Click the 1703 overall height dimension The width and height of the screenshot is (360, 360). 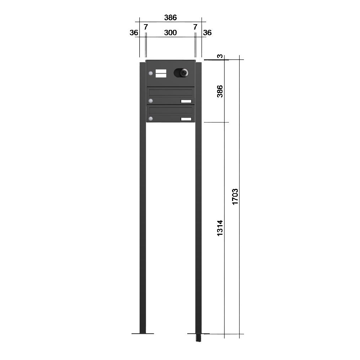(235, 197)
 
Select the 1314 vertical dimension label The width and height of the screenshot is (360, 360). (220, 228)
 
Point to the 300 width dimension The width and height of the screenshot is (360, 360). (170, 33)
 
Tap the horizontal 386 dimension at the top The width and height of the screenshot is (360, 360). (170, 17)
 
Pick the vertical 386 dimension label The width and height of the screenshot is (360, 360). (220, 91)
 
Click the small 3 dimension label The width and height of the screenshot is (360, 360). (220, 56)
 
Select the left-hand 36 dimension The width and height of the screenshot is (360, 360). (134, 33)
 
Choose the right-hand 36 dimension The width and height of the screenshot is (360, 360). (207, 33)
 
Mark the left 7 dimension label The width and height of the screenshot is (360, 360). (146, 27)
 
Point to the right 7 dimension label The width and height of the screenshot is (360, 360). (195, 27)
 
